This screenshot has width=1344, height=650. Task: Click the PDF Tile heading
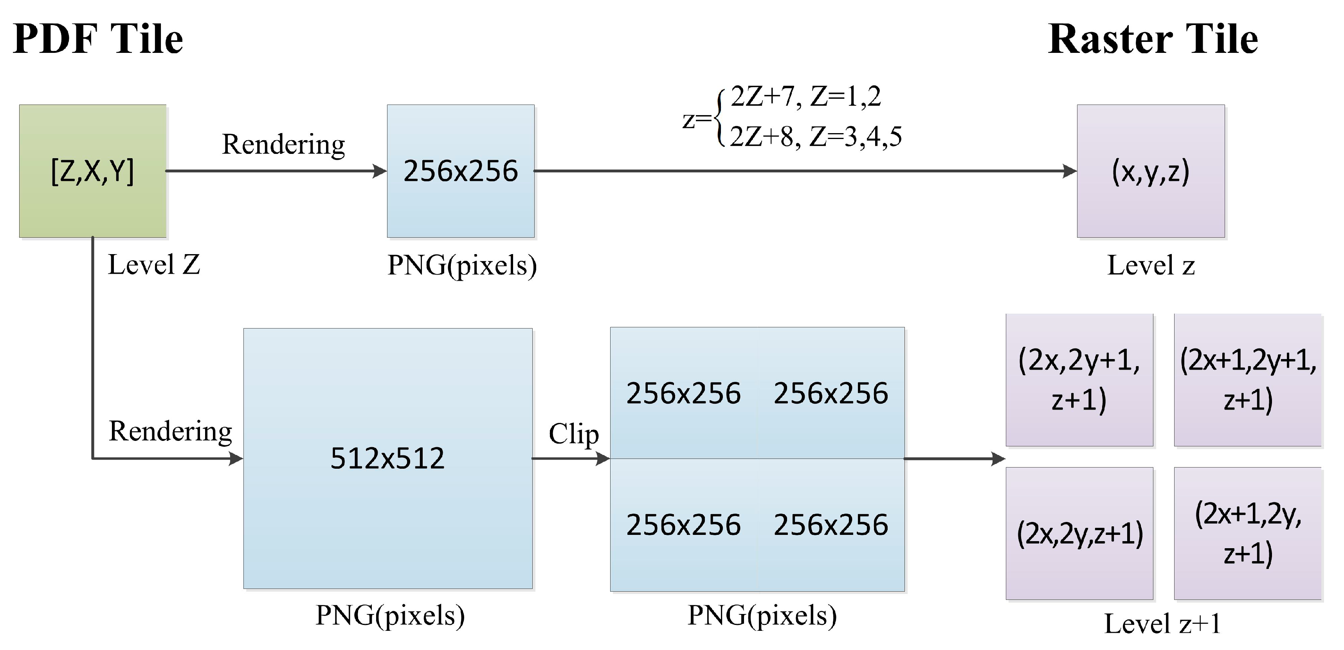98,39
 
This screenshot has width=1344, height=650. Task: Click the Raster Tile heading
1153,39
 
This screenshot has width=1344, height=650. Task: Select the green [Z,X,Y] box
93,171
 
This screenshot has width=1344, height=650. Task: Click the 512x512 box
387,459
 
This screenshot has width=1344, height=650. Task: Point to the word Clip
573,433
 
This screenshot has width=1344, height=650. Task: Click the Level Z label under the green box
154,265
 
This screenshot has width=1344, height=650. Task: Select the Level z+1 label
1162,623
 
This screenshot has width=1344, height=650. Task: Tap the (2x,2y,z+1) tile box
1079,534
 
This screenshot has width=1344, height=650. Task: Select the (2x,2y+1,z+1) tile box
1079,380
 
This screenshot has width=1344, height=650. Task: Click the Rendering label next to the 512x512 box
170,431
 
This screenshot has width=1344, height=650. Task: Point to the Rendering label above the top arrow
283,144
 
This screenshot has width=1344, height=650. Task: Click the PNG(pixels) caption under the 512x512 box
390,615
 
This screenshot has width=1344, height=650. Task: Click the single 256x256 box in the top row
460,171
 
